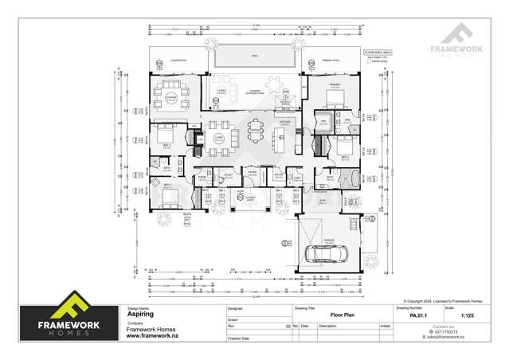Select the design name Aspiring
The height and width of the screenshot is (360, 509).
141,314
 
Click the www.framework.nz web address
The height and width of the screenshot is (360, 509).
152,336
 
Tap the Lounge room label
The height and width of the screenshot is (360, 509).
170,96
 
